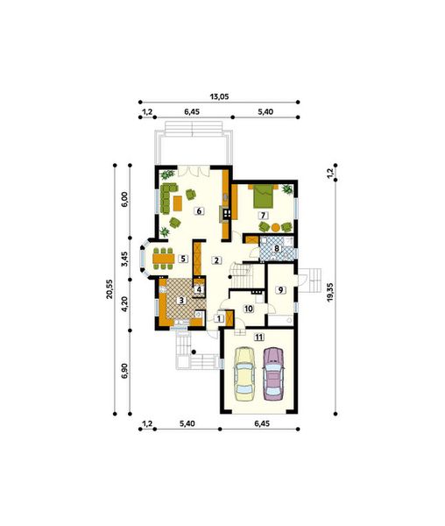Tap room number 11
click(258, 336)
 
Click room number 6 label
click(199, 210)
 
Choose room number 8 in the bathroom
click(277, 249)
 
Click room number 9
click(280, 290)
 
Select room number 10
click(249, 308)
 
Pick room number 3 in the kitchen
click(181, 301)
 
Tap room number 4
click(199, 289)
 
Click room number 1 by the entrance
click(217, 318)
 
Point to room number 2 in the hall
click(216, 259)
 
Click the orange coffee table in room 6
click(178, 203)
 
